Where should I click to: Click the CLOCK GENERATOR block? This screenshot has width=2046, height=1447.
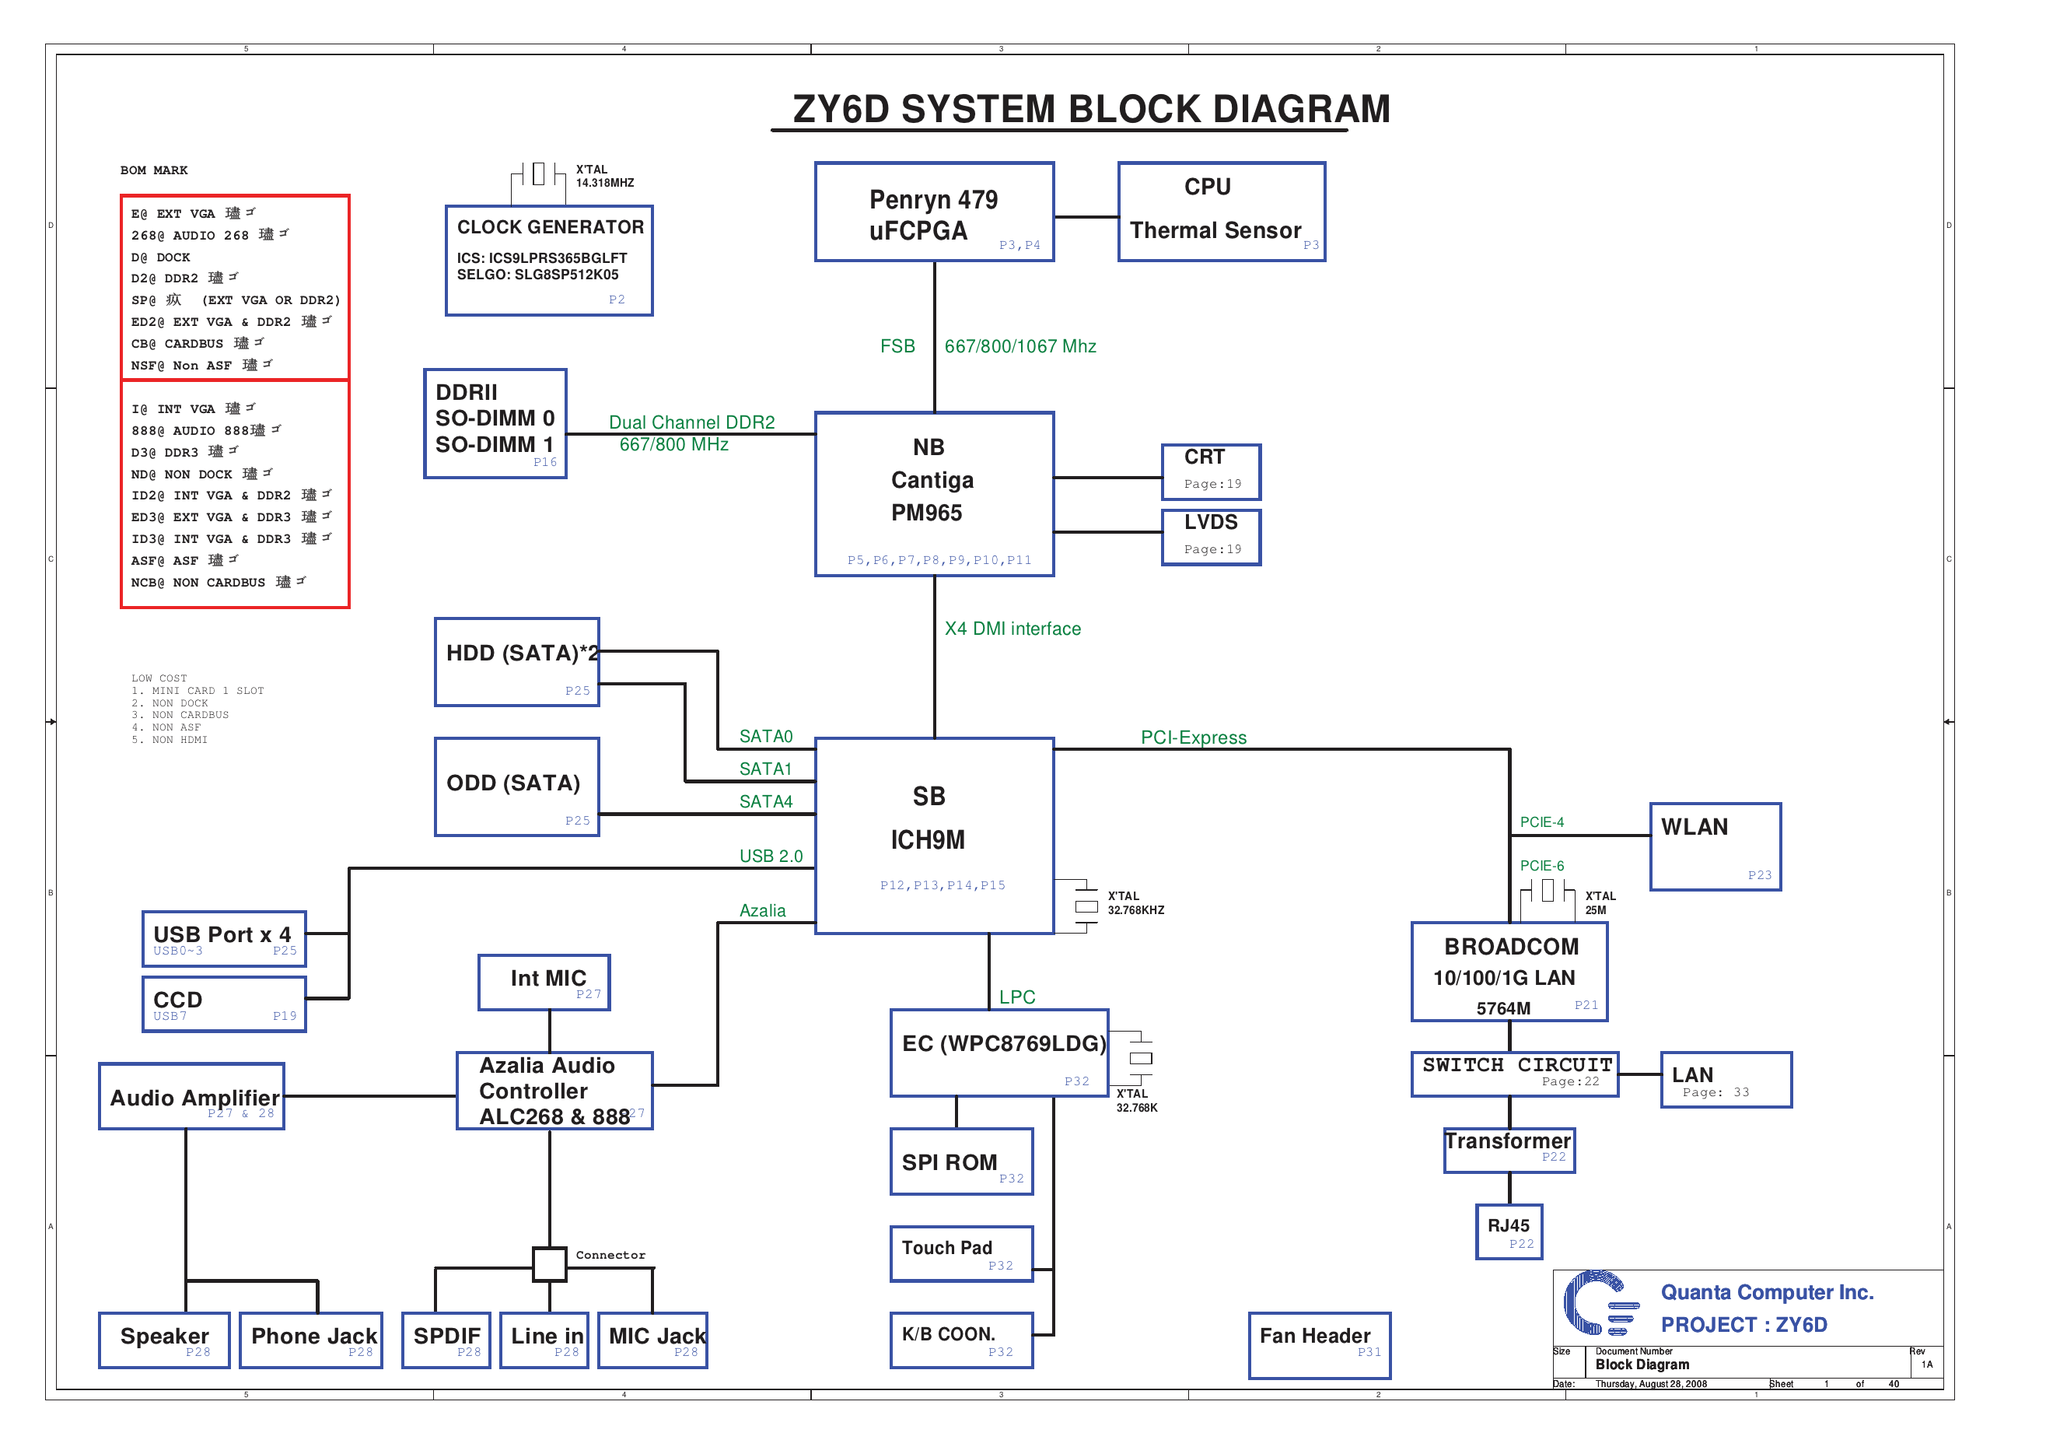pyautogui.click(x=549, y=261)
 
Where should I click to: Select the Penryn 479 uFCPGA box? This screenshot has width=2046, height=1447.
pyautogui.click(x=934, y=212)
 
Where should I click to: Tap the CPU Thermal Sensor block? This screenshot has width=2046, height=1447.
pyautogui.click(x=1221, y=212)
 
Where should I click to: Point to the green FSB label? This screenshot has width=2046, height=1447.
pyautogui.click(x=897, y=346)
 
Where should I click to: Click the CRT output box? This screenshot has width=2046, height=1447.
pyautogui.click(x=1211, y=471)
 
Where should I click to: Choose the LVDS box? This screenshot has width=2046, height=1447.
pyautogui.click(x=1211, y=537)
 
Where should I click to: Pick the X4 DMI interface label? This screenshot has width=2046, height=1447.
pyautogui.click(x=1013, y=629)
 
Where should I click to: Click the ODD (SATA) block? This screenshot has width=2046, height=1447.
pyautogui.click(x=517, y=787)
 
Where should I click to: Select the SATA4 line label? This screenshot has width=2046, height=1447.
pyautogui.click(x=765, y=801)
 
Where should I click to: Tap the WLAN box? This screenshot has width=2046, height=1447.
pyautogui.click(x=1715, y=846)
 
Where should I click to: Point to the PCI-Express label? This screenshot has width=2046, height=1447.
pyautogui.click(x=1193, y=738)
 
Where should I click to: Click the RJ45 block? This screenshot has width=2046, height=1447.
pyautogui.click(x=1509, y=1232)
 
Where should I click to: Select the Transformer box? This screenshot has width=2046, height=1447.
pyautogui.click(x=1509, y=1149)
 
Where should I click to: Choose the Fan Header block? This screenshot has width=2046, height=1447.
pyautogui.click(x=1319, y=1344)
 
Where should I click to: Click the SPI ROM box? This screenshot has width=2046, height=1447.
pyautogui.click(x=961, y=1161)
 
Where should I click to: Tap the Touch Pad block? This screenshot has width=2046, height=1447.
pyautogui.click(x=961, y=1253)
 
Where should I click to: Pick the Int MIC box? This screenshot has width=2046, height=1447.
pyautogui.click(x=544, y=982)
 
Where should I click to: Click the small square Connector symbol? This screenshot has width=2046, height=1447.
pyautogui.click(x=549, y=1263)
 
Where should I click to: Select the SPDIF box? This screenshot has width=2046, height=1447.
pyautogui.click(x=446, y=1339)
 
